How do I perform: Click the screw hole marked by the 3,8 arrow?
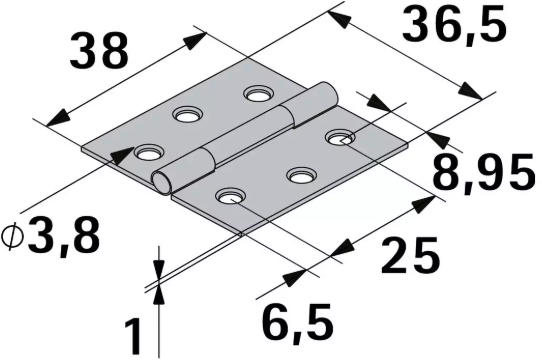(148, 154)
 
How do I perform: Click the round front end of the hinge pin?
(160, 181)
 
